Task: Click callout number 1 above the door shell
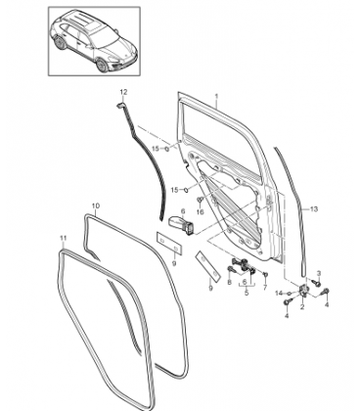point(216,97)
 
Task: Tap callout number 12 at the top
point(123,92)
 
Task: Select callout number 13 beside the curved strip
point(313,208)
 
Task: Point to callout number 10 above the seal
point(96,205)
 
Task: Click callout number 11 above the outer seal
point(64,238)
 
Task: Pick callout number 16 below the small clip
point(200,212)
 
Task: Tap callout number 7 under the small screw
point(265,288)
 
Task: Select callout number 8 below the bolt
point(229,283)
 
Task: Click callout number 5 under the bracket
point(247,293)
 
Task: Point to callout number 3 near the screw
point(319,273)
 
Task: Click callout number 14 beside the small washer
point(279,294)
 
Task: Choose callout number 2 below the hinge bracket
point(302,306)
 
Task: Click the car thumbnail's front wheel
point(103,66)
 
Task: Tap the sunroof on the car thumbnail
point(88,23)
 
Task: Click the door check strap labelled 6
point(182,224)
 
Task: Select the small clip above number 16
point(200,200)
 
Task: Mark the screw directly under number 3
point(316,283)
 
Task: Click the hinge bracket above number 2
point(303,290)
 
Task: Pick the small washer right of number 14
point(290,294)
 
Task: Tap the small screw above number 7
point(265,276)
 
